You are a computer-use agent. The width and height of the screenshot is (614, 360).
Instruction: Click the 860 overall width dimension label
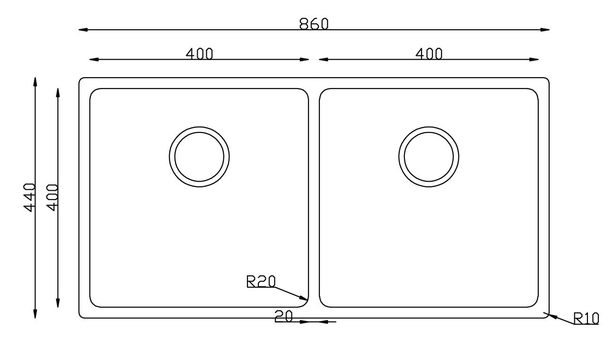tap(314, 24)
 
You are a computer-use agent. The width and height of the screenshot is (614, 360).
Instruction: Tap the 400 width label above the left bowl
tap(199, 54)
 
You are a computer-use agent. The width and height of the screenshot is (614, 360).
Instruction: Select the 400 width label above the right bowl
tap(429, 54)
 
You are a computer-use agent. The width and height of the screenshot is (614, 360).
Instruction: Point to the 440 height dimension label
tap(30, 197)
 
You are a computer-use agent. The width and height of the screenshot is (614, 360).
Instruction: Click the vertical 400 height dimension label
tap(53, 197)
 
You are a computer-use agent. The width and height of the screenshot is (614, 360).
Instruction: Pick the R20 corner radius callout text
tap(261, 281)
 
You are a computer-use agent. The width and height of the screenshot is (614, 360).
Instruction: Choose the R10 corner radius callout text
tap(586, 318)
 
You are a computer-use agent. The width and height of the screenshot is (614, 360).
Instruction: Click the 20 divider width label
tap(284, 316)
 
